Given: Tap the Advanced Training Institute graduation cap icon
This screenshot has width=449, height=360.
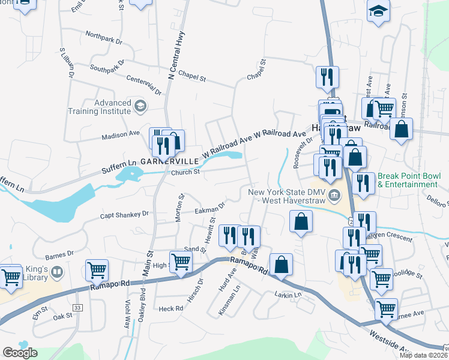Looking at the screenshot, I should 140,106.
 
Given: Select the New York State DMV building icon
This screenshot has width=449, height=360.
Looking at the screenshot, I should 334,196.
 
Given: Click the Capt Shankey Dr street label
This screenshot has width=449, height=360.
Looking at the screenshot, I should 124,214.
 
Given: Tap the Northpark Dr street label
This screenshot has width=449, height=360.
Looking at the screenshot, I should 103,38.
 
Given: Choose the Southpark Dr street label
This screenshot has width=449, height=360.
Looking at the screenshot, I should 108,65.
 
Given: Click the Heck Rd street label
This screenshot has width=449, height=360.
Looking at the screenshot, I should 170,308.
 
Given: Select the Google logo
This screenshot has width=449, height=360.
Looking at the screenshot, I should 20,353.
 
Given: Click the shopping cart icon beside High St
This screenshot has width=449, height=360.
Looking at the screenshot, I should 181,260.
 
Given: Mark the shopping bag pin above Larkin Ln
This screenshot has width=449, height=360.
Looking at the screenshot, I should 281,263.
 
